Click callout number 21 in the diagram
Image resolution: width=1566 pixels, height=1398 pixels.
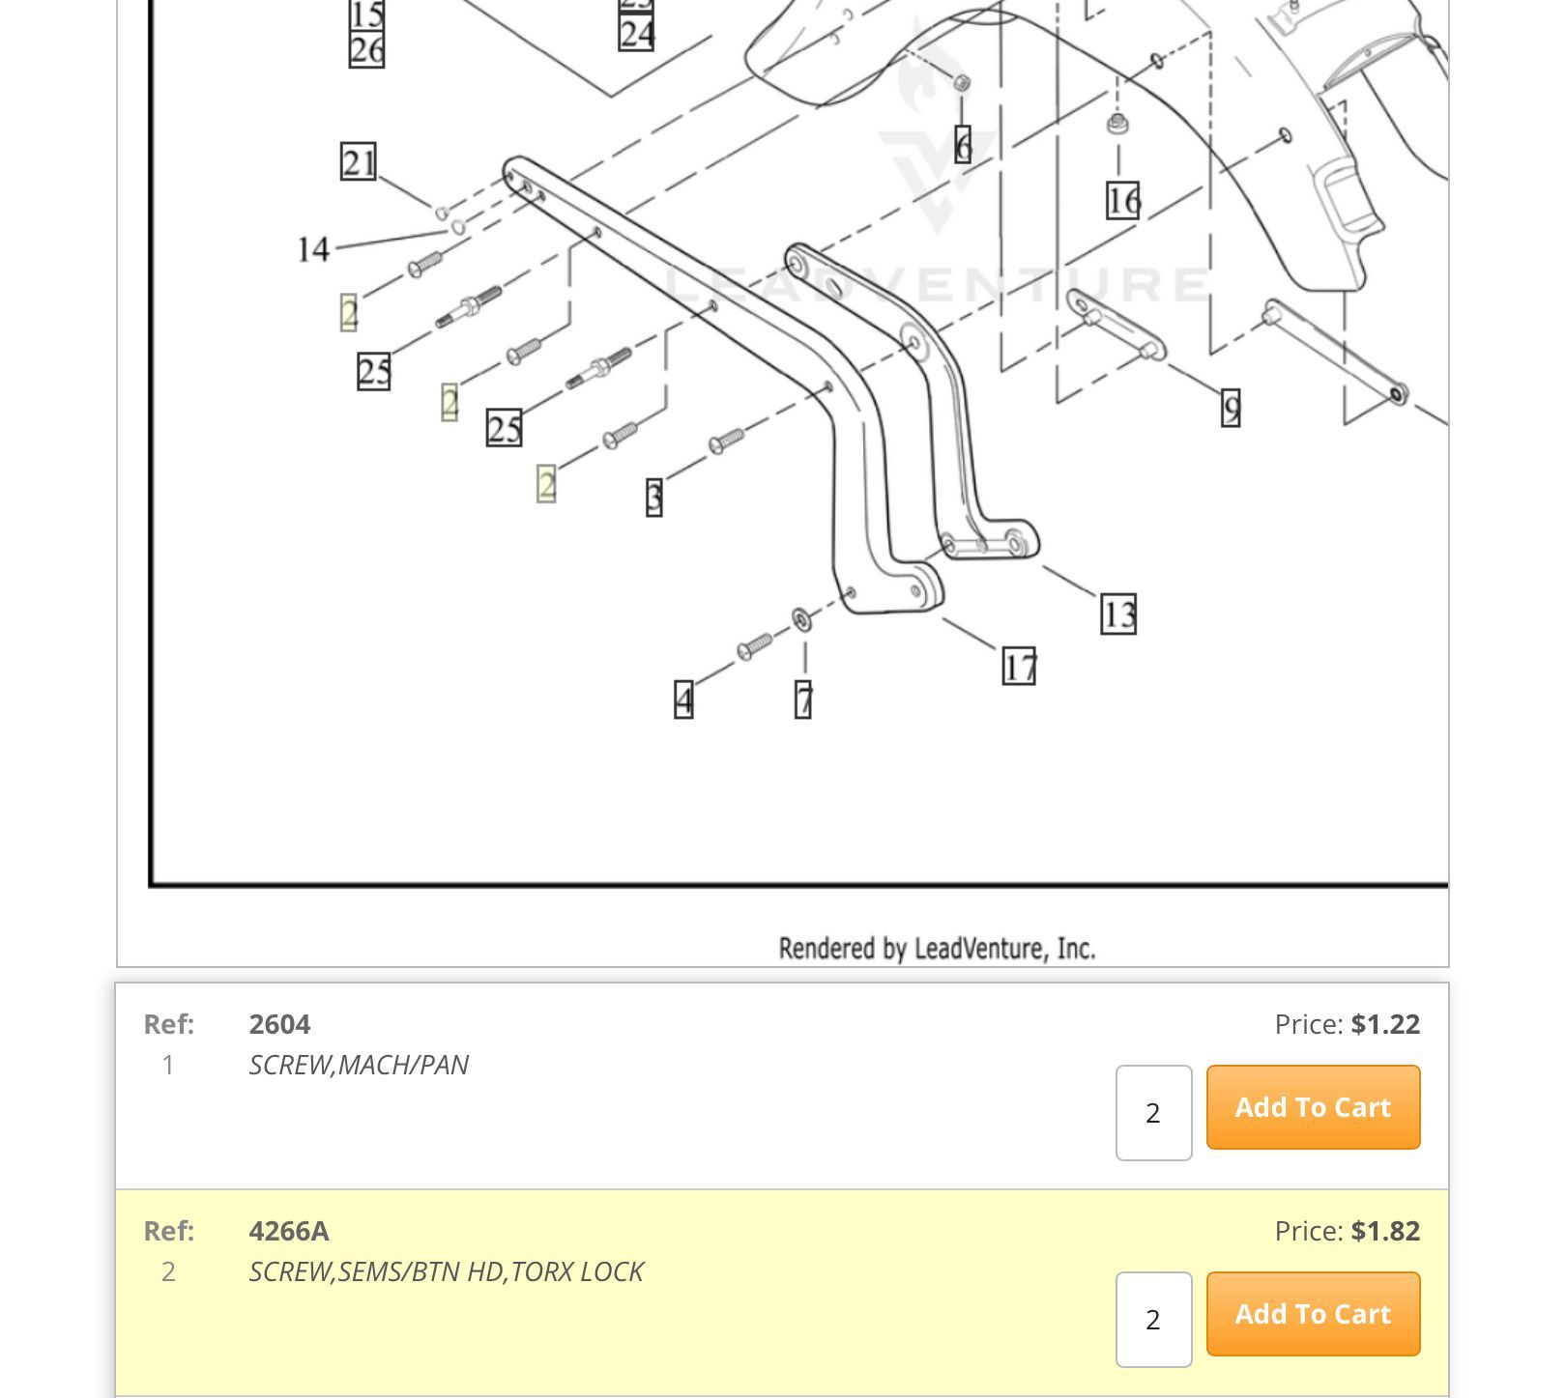pyautogui.click(x=359, y=162)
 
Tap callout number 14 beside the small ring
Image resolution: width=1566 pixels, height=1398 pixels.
pyautogui.click(x=313, y=250)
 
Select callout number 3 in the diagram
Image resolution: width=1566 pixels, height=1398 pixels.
pyautogui.click(x=654, y=498)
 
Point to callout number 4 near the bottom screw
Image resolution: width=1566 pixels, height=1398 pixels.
pyautogui.click(x=684, y=699)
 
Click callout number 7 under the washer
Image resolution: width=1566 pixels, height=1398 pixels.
pyautogui.click(x=803, y=699)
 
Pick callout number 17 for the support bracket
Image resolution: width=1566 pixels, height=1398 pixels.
pyautogui.click(x=1019, y=667)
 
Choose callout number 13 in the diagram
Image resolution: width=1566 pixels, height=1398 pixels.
pyautogui.click(x=1118, y=614)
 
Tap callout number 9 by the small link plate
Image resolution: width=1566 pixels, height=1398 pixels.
pyautogui.click(x=1231, y=408)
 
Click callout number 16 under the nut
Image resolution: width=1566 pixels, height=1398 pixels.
pyautogui.click(x=1122, y=201)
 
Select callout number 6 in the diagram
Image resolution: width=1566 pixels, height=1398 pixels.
pyautogui.click(x=963, y=146)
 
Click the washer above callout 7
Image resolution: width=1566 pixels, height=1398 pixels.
pyautogui.click(x=802, y=619)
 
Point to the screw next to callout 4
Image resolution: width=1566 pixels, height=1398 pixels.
pyautogui.click(x=754, y=645)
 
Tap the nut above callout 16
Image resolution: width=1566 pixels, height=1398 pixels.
pyautogui.click(x=1117, y=123)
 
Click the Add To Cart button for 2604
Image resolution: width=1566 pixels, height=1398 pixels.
pyautogui.click(x=1313, y=1107)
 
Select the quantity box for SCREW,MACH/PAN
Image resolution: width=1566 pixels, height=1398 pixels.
pyautogui.click(x=1153, y=1113)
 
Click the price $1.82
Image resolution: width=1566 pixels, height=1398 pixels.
pyautogui.click(x=1385, y=1231)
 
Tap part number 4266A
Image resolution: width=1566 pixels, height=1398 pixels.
pyautogui.click(x=289, y=1231)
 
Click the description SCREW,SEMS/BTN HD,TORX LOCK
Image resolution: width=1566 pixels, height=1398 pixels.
pyautogui.click(x=446, y=1271)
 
